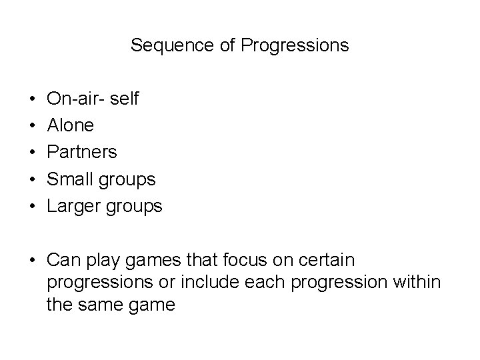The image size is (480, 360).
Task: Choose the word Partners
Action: click(x=82, y=152)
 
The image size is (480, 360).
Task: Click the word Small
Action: click(x=71, y=179)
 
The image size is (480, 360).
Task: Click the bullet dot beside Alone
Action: click(x=32, y=126)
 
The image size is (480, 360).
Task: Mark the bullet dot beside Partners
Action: click(x=32, y=153)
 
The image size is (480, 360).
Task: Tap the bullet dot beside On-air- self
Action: click(x=32, y=99)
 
